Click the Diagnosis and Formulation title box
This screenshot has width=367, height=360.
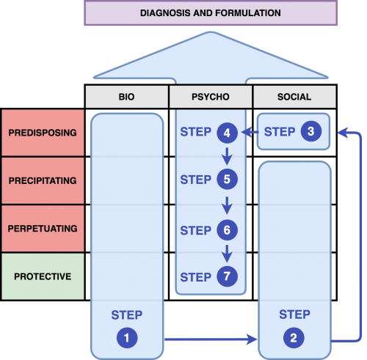[x=211, y=13]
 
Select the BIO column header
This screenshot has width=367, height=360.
[x=126, y=97]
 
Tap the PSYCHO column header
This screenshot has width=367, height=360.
[x=211, y=97]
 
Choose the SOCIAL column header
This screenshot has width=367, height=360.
[x=294, y=97]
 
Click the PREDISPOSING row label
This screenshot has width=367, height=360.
[x=43, y=133]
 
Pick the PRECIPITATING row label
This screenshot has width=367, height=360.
[x=43, y=180]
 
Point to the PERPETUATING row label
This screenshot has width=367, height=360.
[x=43, y=228]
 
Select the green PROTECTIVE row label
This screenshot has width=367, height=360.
[x=43, y=276]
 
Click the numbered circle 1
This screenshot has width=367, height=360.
[x=127, y=338]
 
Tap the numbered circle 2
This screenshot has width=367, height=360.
[x=294, y=338]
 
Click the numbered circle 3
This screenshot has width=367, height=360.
[x=311, y=131]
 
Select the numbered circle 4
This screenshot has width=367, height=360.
[x=227, y=133]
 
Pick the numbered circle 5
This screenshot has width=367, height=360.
[x=227, y=179]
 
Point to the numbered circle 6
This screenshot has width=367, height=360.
[x=227, y=230]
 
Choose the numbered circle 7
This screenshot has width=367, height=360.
[x=227, y=276]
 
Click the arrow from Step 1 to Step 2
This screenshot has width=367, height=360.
[x=211, y=339]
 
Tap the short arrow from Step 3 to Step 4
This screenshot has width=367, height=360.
[x=250, y=132]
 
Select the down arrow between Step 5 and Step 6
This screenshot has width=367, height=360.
[x=227, y=205]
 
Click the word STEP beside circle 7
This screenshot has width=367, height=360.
[x=195, y=277]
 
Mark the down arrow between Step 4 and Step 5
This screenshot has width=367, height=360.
[x=227, y=156]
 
